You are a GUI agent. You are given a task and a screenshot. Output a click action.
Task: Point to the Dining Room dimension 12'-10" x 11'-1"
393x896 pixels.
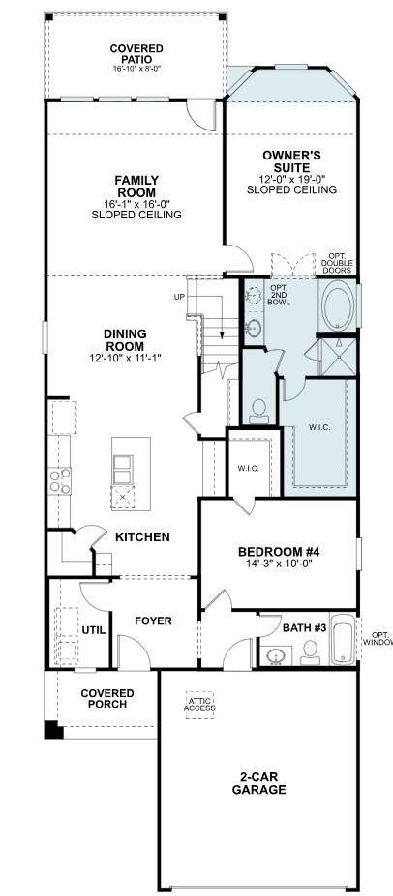click(x=125, y=359)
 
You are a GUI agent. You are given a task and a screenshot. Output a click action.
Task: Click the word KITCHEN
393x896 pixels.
click(x=143, y=536)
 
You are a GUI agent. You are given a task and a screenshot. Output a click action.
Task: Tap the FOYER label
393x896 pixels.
click(x=153, y=621)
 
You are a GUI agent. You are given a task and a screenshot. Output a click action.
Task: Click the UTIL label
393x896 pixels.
click(x=94, y=629)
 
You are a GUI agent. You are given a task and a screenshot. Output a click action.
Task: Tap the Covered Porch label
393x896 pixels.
click(x=107, y=699)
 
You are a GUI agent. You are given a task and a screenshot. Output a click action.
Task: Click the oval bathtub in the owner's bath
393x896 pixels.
click(x=339, y=309)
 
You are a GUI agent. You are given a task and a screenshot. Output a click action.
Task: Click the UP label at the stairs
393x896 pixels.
click(x=178, y=296)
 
